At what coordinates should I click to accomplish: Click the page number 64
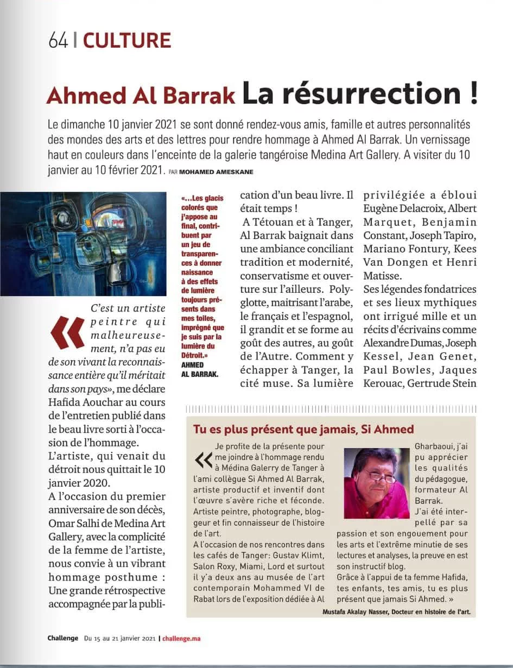[x=58, y=41]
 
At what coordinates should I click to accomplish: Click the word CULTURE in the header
[x=127, y=41]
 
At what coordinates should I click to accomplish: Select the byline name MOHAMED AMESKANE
[x=217, y=172]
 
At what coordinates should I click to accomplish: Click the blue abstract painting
[x=83, y=244]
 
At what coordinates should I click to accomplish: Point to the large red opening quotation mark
[x=67, y=332]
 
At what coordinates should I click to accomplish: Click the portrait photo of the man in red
[x=376, y=483]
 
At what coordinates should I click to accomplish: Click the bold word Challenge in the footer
[x=62, y=638]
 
